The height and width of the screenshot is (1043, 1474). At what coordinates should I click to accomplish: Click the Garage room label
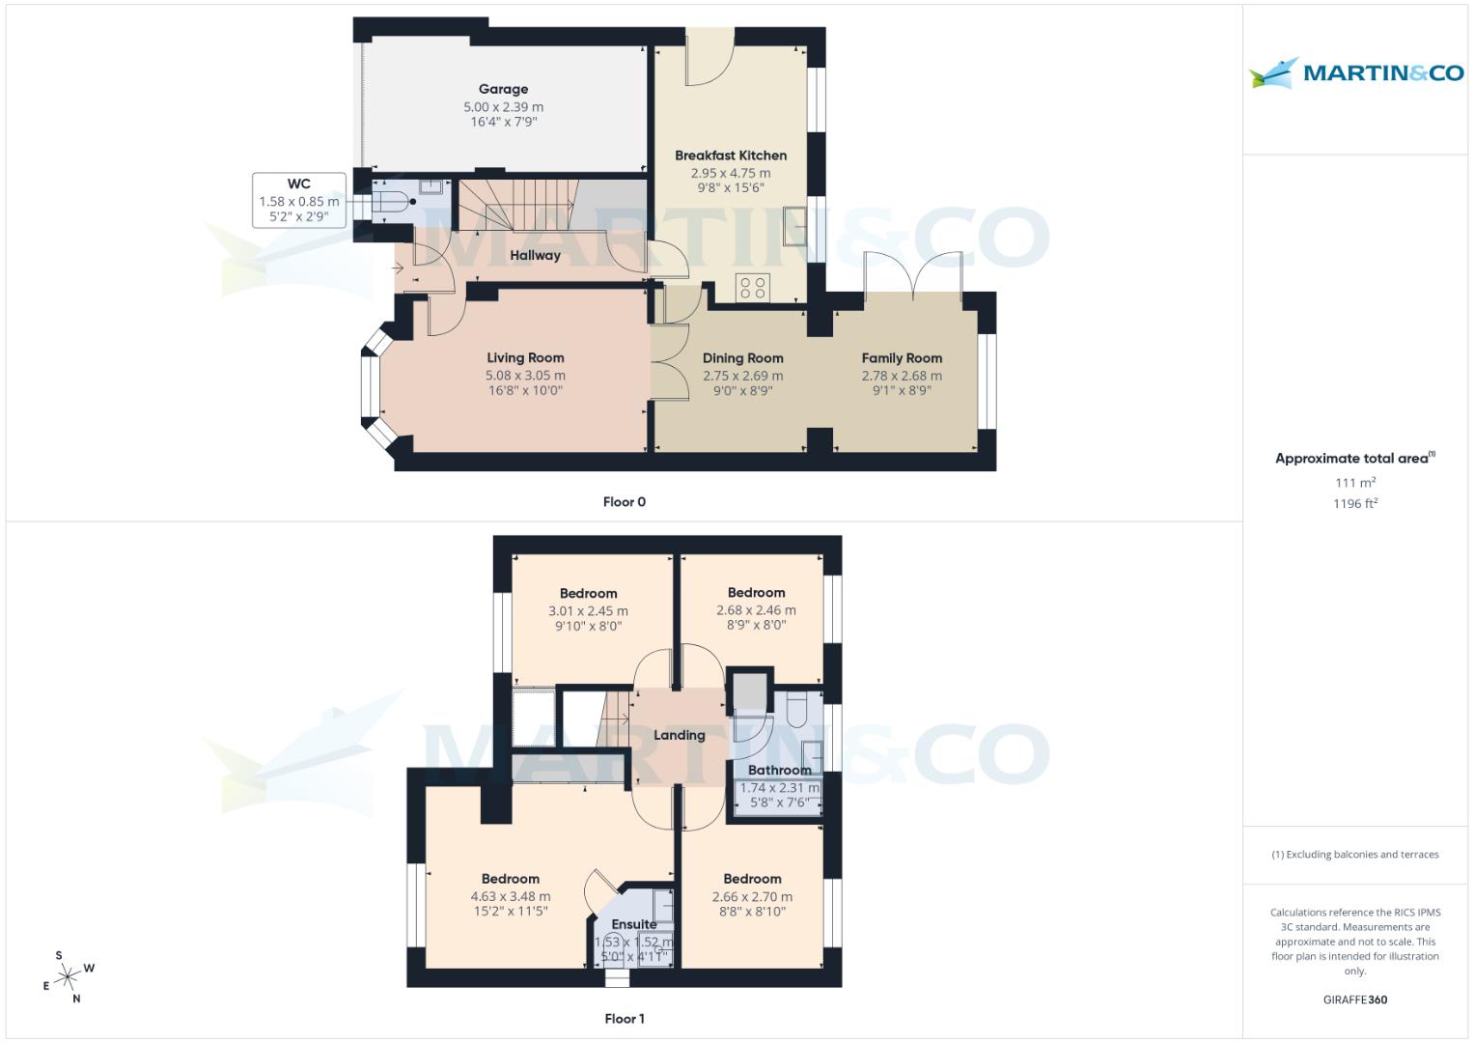(x=503, y=89)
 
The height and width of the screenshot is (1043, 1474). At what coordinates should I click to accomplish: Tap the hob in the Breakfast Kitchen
(x=752, y=287)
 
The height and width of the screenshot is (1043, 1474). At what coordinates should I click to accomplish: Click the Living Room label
(x=525, y=357)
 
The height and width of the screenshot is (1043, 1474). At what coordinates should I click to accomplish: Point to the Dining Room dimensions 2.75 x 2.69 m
(x=742, y=376)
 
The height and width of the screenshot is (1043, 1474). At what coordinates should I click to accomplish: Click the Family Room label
(x=902, y=357)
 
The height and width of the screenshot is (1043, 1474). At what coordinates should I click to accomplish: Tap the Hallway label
(x=535, y=255)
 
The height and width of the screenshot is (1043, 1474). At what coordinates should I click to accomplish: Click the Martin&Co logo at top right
(x=1356, y=73)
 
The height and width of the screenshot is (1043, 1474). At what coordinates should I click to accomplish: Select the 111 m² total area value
(x=1354, y=483)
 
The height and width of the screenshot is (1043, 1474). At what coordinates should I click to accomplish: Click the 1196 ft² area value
(x=1354, y=503)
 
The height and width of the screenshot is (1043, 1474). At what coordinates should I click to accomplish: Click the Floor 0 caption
(x=624, y=502)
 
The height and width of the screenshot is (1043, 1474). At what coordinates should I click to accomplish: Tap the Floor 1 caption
(x=624, y=1019)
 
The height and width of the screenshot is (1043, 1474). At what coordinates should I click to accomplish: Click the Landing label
(x=679, y=735)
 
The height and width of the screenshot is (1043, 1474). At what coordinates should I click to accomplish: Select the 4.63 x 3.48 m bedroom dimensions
(x=511, y=896)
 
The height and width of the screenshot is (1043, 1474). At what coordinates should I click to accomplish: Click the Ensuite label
(x=633, y=924)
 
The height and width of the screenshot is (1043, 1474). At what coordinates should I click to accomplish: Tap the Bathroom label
(x=779, y=770)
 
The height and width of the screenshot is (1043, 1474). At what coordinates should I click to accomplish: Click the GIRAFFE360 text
(x=1354, y=1000)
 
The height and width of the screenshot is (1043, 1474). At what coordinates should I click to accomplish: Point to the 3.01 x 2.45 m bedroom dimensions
(x=588, y=610)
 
